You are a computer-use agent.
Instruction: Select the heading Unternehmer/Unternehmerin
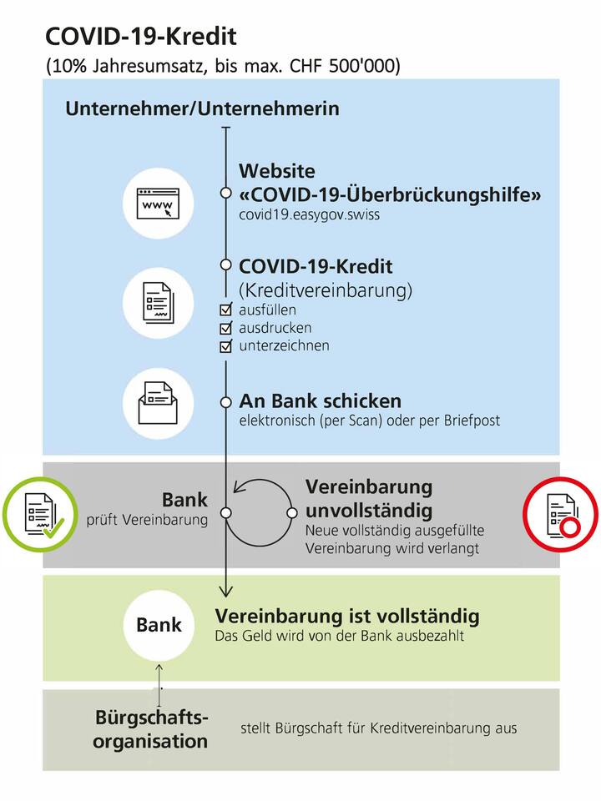tap(202, 108)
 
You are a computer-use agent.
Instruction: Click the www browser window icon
tap(159, 203)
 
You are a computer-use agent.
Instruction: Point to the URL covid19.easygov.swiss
tap(299, 214)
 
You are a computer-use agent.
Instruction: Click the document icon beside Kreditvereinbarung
tap(159, 301)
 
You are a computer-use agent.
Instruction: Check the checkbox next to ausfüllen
tap(225, 310)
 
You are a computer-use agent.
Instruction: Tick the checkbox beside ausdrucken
tap(225, 328)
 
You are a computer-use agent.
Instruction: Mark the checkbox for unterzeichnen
tap(225, 346)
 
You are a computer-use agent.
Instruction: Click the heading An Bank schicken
tap(320, 400)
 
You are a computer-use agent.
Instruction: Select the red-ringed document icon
tap(560, 516)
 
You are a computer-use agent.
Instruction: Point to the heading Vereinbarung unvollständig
tap(368, 498)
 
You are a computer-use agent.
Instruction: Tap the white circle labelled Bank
tap(159, 625)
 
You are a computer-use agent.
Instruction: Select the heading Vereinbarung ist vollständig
tap(347, 617)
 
